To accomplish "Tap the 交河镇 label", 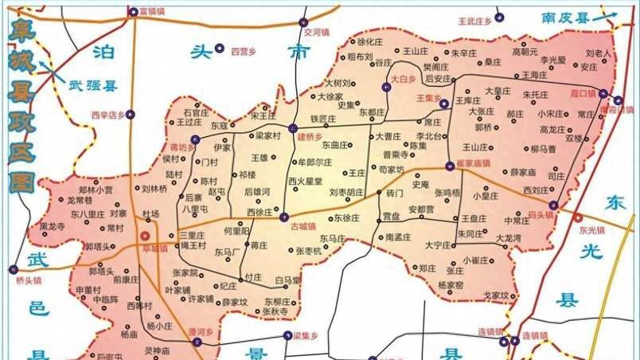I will [316, 33].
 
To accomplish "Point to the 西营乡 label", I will [242, 52].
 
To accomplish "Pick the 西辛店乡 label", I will [108, 115].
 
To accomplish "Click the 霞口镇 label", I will [587, 93].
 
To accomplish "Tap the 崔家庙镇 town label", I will [473, 162].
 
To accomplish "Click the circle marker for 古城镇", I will [284, 216].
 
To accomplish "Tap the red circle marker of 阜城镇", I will [144, 236].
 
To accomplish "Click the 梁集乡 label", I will [305, 335].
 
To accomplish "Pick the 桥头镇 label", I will [29, 280].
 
